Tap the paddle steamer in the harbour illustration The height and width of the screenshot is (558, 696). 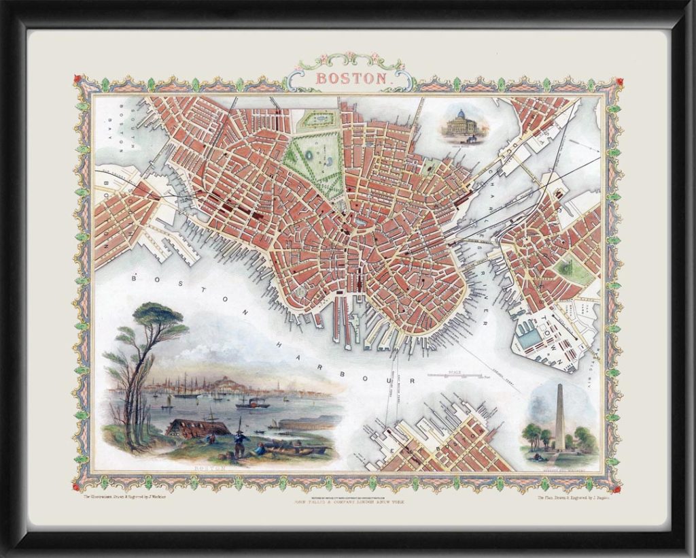click(x=252, y=404)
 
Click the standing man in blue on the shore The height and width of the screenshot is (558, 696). click(x=239, y=440)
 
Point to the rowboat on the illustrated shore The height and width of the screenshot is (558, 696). click(x=289, y=450)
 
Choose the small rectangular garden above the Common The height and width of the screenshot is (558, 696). click(x=317, y=120)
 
